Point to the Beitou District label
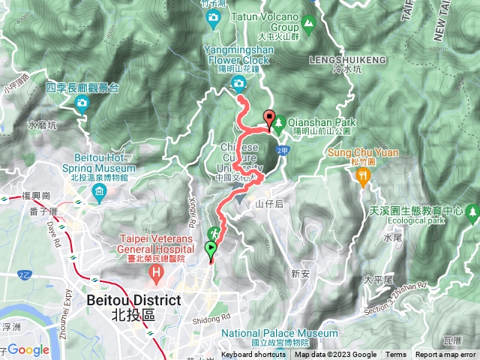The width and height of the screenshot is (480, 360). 134,300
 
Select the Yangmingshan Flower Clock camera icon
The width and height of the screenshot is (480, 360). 238,82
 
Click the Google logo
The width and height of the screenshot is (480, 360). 28,349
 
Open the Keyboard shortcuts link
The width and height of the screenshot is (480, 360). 253,355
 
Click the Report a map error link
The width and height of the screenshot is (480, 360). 445,355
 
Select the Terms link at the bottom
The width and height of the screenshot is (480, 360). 396,355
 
